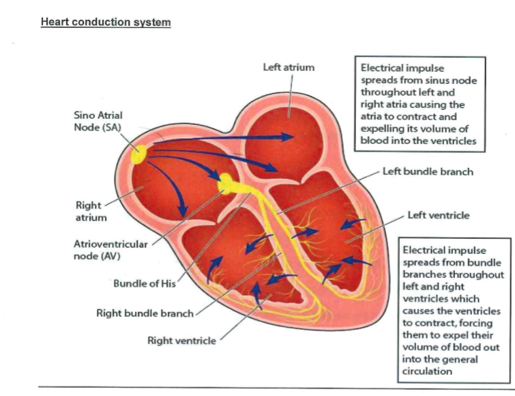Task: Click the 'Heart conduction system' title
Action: click(106, 22)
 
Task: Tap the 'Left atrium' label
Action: click(289, 68)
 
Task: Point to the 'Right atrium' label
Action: click(88, 212)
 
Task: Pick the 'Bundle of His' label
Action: click(144, 284)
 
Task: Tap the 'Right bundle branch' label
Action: click(145, 313)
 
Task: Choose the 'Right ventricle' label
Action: click(181, 340)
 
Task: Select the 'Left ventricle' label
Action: click(439, 215)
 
